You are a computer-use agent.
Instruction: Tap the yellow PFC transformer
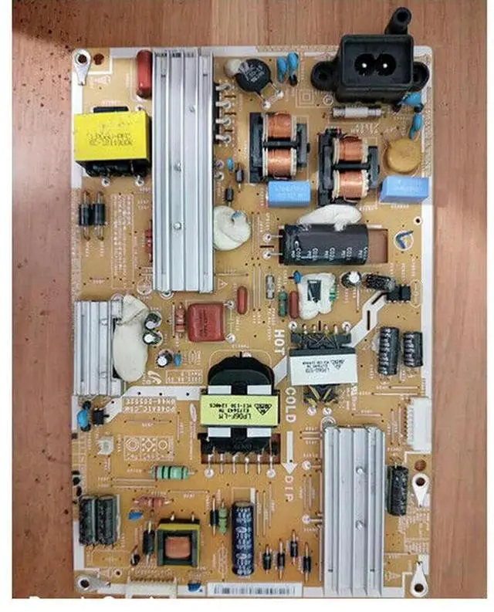point(112,137)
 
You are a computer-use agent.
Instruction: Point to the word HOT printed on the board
point(279,340)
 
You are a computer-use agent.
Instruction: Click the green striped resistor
point(172,472)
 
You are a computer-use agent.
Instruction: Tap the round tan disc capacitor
point(403,155)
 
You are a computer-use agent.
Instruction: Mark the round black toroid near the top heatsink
point(251,76)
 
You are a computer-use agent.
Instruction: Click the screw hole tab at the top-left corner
point(80,59)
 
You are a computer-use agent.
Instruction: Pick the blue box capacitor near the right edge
point(404,188)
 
